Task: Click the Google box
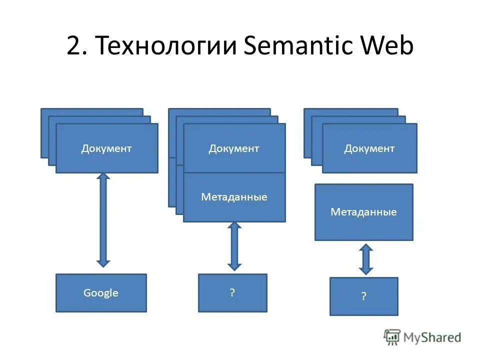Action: [101, 293]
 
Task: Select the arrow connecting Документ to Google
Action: [103, 220]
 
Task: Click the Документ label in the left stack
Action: [106, 148]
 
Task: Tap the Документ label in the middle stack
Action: [234, 148]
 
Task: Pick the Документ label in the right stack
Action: [369, 148]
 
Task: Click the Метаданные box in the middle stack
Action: [234, 197]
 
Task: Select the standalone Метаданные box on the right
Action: [363, 212]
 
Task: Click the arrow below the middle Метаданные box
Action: [234, 246]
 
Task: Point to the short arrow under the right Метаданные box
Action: [366, 259]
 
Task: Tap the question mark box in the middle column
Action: [232, 292]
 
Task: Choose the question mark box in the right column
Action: [363, 296]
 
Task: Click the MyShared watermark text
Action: [432, 337]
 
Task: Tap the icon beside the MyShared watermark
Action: [392, 336]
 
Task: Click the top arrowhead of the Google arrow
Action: [103, 177]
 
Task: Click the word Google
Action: [101, 293]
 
